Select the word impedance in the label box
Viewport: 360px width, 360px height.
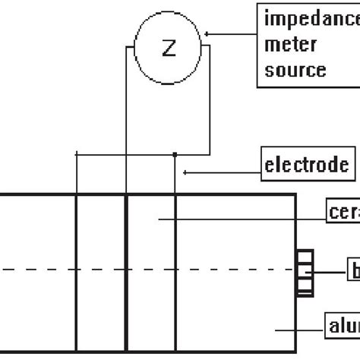311,17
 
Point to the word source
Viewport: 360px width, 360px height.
295,70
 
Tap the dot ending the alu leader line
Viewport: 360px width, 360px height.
276,330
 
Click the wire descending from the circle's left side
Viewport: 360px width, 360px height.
126,114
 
